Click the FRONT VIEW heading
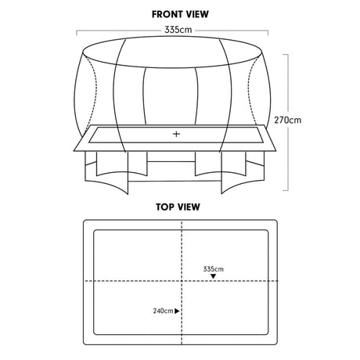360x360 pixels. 180,14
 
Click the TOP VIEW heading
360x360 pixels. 178,207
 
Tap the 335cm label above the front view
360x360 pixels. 178,30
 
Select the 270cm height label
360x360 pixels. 287,120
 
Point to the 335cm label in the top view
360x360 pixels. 214,268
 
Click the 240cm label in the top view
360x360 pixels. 163,311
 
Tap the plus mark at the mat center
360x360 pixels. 177,134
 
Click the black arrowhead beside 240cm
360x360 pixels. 177,311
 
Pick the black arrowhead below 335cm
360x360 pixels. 214,276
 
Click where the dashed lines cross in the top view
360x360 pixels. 182,281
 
